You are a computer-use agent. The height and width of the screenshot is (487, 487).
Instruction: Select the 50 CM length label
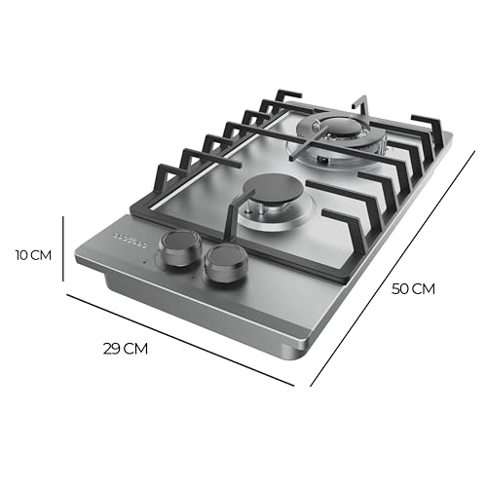[413, 288]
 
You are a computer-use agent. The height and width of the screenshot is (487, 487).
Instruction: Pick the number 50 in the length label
[400, 288]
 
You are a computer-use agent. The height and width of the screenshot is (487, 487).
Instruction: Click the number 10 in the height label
[21, 255]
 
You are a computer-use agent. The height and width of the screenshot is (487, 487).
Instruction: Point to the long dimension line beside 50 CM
[390, 253]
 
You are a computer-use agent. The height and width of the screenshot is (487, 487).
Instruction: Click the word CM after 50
[425, 288]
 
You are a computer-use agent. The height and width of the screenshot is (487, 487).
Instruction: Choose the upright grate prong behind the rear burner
[361, 104]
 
